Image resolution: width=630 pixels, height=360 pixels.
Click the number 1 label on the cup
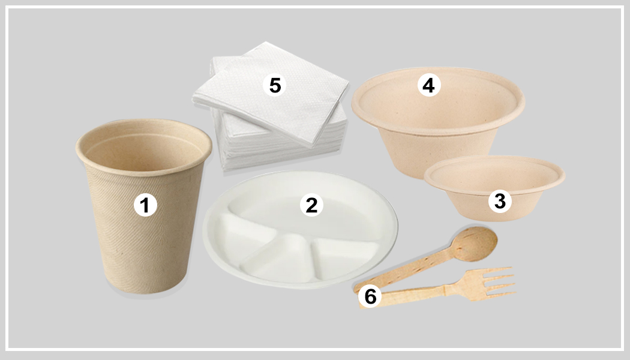(x=144, y=206)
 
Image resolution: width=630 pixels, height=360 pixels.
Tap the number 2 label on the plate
(x=311, y=205)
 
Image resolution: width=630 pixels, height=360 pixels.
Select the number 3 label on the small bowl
(x=500, y=201)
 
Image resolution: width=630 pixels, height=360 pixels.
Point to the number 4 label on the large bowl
(x=428, y=86)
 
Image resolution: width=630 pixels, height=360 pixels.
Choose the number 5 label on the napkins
(x=274, y=85)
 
